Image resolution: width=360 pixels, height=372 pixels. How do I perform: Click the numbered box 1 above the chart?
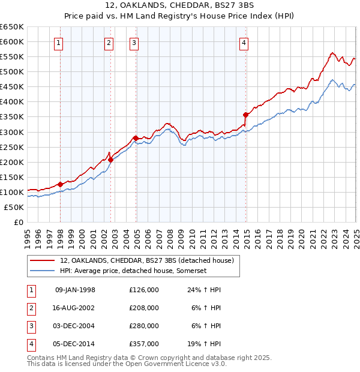click(59, 42)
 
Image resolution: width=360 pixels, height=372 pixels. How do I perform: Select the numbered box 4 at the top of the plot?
click(244, 42)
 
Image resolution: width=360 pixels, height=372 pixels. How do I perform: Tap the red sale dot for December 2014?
click(245, 115)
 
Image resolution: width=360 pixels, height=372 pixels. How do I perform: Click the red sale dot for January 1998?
click(61, 184)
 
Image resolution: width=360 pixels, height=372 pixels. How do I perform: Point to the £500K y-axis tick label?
click(12, 71)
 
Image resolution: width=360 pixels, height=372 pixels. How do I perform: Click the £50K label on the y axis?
click(14, 207)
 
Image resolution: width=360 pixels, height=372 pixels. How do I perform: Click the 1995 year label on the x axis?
click(28, 234)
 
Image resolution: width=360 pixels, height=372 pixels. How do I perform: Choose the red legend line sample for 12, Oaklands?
click(41, 260)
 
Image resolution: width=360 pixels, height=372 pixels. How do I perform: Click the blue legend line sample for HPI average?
click(41, 271)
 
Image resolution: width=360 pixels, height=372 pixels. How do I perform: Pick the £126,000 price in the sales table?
click(144, 290)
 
